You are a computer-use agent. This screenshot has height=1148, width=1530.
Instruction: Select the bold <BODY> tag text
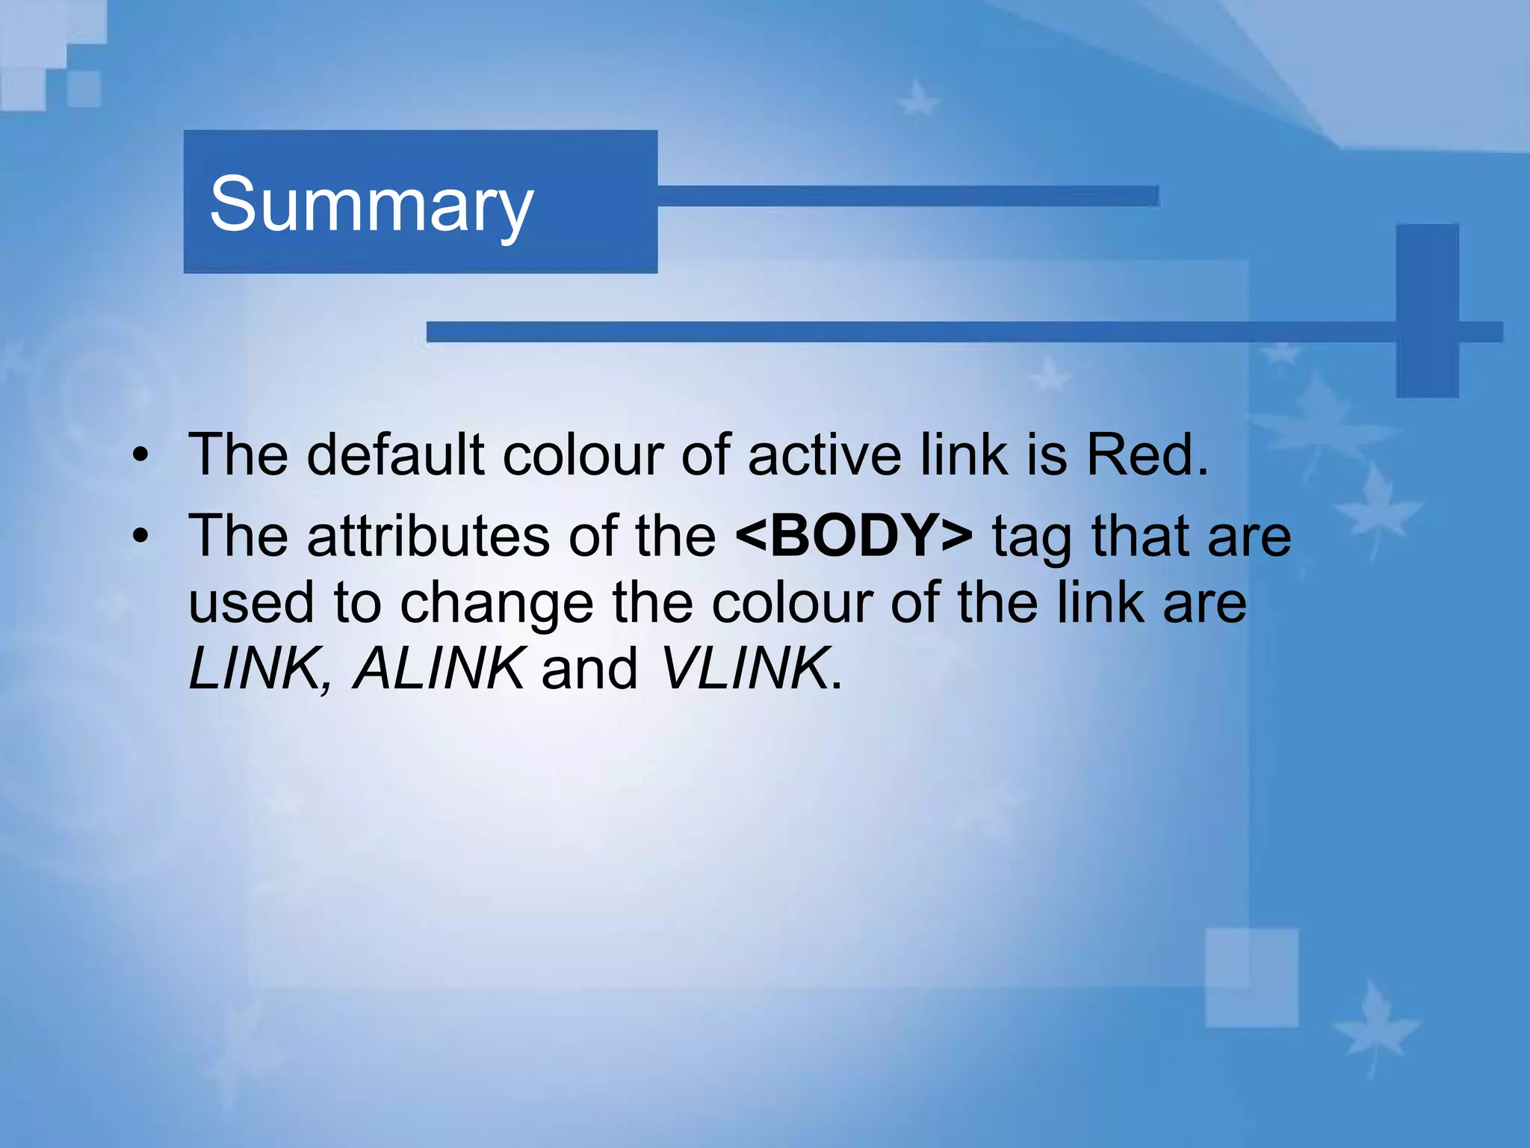point(854,536)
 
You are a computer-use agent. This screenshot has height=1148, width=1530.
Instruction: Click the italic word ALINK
point(438,668)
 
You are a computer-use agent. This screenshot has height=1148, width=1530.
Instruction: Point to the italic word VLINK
point(745,668)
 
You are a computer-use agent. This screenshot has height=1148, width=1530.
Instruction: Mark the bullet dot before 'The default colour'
point(140,455)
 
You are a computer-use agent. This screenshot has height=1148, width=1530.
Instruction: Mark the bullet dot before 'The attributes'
point(140,537)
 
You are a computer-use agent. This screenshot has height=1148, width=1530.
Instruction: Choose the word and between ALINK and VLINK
point(589,668)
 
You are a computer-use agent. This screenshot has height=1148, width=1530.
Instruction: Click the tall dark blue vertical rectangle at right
point(1427,310)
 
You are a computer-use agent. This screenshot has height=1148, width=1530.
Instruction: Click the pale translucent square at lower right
point(1251,977)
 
